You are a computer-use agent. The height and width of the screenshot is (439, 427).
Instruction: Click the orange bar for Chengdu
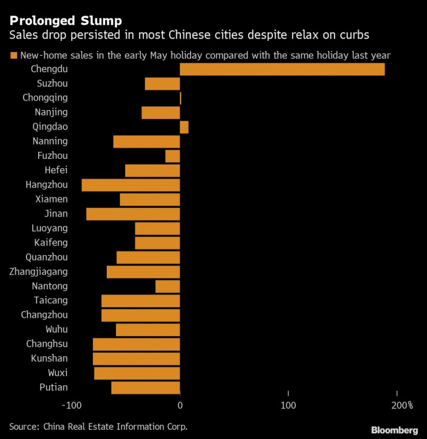point(282,69)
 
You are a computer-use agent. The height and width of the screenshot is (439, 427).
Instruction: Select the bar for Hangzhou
point(131,185)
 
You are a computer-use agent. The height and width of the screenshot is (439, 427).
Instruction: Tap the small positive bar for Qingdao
point(184,127)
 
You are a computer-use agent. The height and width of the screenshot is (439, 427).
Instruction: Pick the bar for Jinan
point(133,214)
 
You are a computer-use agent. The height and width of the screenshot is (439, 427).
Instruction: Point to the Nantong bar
point(168,286)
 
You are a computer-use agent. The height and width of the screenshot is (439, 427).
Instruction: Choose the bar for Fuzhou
point(173,156)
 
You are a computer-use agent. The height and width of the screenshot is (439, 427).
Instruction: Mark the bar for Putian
point(145,388)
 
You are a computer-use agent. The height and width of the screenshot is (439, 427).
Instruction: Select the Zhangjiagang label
point(39,271)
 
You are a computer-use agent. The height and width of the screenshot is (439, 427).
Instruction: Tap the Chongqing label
point(45,98)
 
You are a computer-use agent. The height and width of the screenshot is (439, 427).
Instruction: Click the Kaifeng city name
point(51,243)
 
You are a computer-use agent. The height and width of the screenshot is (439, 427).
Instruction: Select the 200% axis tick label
point(402,406)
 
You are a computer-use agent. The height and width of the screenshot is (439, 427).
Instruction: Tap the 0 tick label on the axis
point(180,406)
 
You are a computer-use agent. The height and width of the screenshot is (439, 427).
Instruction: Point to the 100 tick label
point(289,406)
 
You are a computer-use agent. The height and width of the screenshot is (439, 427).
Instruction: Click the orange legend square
point(13,55)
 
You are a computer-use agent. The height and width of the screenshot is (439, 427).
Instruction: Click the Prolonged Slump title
point(65,21)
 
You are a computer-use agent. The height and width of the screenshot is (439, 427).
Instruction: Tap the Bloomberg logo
point(394,430)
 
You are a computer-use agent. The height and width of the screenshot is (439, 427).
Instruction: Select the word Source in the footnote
point(23,427)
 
